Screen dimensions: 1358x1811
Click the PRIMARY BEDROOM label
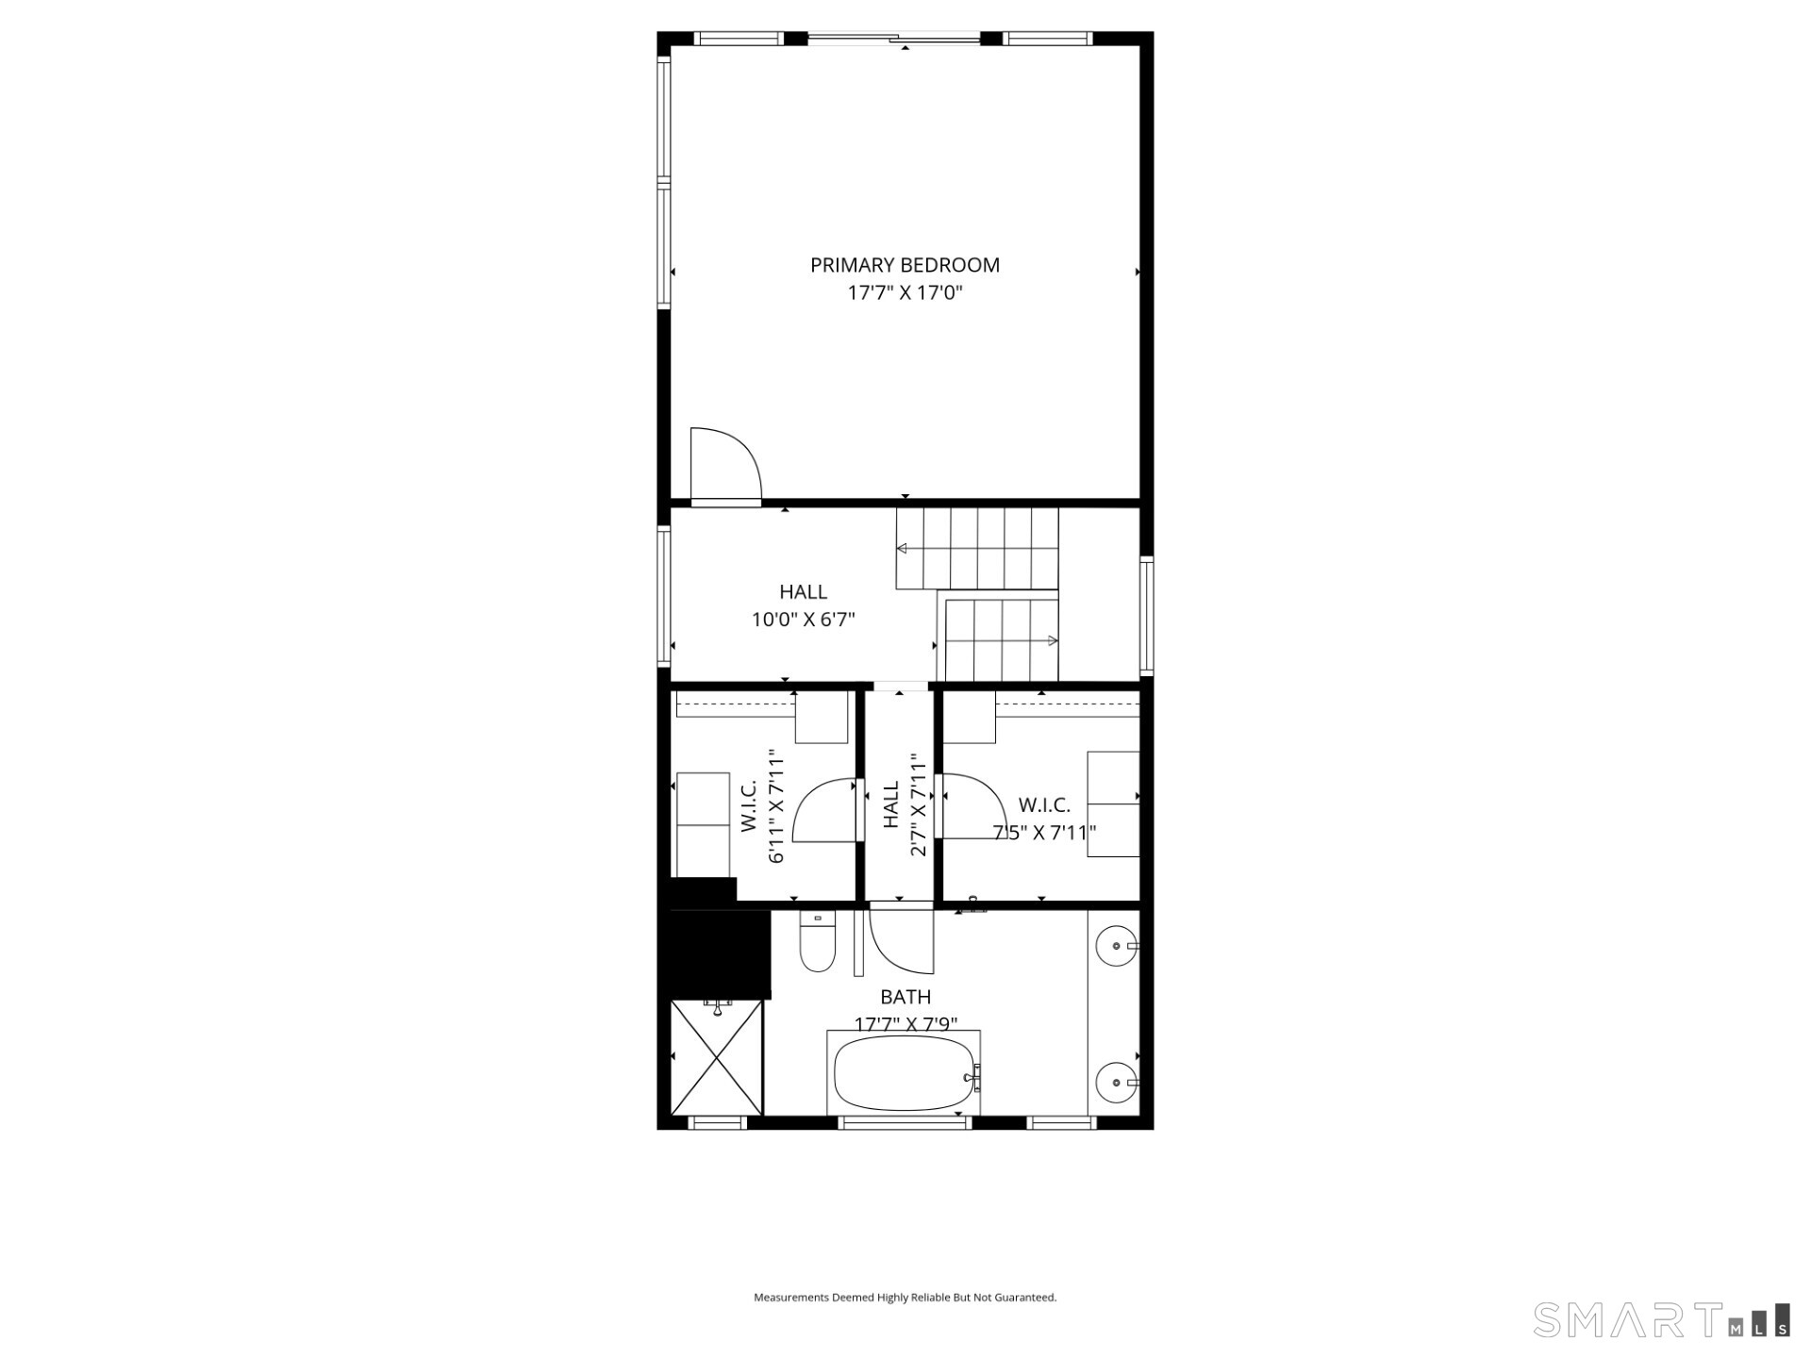pyautogui.click(x=905, y=265)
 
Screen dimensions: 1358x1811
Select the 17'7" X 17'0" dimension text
pyautogui.click(x=905, y=292)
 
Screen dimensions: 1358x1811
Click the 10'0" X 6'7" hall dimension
pyautogui.click(x=803, y=620)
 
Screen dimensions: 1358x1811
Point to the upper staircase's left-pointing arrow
pyautogui.click(x=903, y=549)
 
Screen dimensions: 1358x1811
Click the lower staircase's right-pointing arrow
pyautogui.click(x=1052, y=641)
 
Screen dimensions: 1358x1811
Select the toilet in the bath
pyautogui.click(x=818, y=942)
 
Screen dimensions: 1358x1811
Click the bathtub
pyautogui.click(x=904, y=1074)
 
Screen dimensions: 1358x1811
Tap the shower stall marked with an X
pyautogui.click(x=716, y=1057)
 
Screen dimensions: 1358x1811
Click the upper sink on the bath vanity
pyautogui.click(x=1118, y=944)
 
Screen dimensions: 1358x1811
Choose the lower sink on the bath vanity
pyautogui.click(x=1118, y=1078)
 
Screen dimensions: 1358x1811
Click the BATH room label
pyautogui.click(x=905, y=997)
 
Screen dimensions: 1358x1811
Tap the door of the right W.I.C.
pyautogui.click(x=972, y=807)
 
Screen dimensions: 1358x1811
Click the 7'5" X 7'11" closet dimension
pyautogui.click(x=1044, y=833)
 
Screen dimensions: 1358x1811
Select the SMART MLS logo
pyautogui.click(x=1661, y=1319)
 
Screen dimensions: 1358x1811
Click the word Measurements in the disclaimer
pyautogui.click(x=790, y=1298)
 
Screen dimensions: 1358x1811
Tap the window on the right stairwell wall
pyautogui.click(x=1146, y=615)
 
